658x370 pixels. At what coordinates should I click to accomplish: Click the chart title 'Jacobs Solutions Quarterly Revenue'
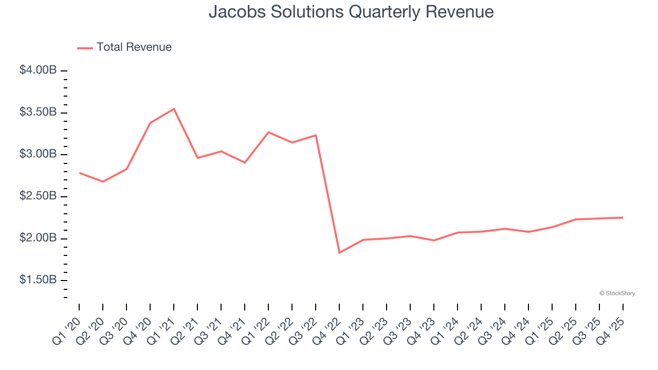(x=351, y=12)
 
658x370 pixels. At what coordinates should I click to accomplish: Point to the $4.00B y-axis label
(x=38, y=70)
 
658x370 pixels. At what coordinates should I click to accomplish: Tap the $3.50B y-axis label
(x=38, y=113)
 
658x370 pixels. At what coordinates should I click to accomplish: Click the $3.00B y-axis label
(x=38, y=155)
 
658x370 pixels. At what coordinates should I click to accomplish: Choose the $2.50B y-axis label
(x=38, y=197)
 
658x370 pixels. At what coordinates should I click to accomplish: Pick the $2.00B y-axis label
(x=38, y=238)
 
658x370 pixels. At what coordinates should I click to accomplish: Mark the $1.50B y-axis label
(x=38, y=281)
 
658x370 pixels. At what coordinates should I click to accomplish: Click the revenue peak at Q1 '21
(x=174, y=109)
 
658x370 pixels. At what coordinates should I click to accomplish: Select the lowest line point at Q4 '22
(x=339, y=253)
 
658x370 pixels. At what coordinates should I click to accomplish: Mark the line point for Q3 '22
(x=316, y=135)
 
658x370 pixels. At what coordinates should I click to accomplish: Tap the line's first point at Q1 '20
(x=80, y=173)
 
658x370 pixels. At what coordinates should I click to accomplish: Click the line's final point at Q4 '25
(x=623, y=217)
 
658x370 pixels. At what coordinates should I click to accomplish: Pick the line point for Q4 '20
(x=150, y=123)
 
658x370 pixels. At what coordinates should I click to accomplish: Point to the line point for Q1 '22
(x=268, y=132)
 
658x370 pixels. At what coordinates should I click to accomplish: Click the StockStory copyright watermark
(x=617, y=293)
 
